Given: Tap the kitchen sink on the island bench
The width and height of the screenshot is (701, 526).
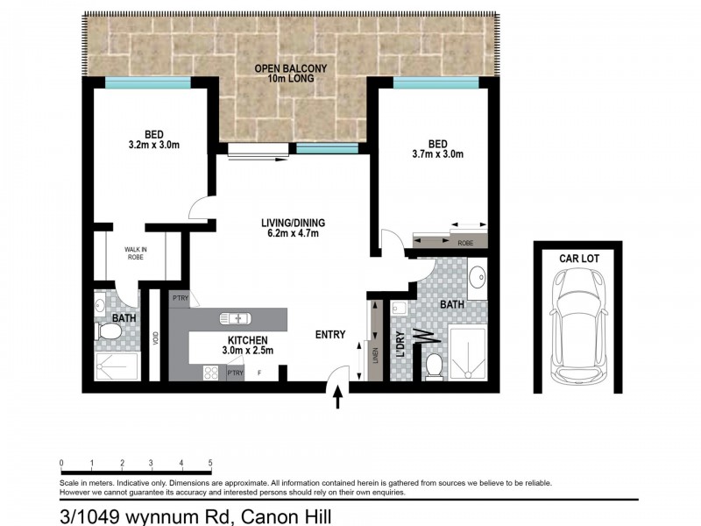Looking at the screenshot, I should (x=237, y=318).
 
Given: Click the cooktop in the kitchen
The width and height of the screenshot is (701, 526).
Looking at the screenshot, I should (x=211, y=373).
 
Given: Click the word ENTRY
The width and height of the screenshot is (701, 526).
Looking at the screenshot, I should (x=330, y=334).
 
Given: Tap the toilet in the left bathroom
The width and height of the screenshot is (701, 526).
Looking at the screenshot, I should (x=110, y=332).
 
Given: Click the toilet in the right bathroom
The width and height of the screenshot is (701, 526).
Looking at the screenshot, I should (x=434, y=366).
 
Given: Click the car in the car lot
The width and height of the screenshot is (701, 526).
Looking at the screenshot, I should (x=577, y=324).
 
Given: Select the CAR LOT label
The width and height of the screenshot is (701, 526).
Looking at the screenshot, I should (x=578, y=258).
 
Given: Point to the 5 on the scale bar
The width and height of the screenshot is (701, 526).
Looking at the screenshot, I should (x=210, y=463).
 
